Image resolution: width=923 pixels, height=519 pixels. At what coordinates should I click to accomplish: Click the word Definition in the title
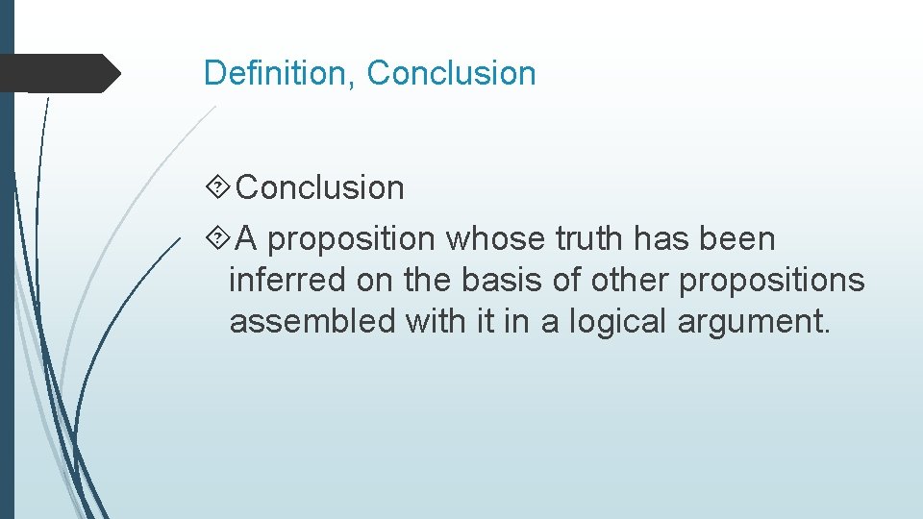(278, 73)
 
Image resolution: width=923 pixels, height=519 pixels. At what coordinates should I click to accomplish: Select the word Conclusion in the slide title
(452, 73)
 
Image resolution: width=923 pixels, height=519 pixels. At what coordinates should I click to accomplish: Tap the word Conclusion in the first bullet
(320, 187)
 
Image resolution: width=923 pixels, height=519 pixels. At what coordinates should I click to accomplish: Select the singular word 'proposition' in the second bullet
(352, 238)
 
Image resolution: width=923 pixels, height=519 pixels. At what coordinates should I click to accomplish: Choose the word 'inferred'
(288, 280)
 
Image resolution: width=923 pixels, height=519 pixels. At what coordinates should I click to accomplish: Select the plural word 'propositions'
(772, 280)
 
